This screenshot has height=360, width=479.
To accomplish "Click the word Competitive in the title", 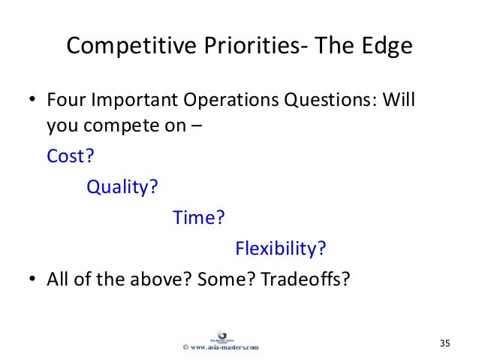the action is [x=131, y=47].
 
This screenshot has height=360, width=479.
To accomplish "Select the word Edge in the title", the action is [x=387, y=47].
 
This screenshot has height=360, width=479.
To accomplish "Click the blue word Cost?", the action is [x=71, y=156].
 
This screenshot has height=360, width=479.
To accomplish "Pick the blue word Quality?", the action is [x=122, y=187].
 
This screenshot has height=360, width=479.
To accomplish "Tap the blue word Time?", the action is [x=198, y=217].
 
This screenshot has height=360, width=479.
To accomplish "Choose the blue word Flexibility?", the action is [x=281, y=248].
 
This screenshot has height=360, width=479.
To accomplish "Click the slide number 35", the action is [x=444, y=343].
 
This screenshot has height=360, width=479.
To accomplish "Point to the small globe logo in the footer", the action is [x=221, y=337].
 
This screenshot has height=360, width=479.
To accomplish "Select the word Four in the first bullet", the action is [x=65, y=100].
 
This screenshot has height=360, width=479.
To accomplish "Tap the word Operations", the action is [x=231, y=100].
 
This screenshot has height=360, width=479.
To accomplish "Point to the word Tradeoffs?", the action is [x=306, y=279].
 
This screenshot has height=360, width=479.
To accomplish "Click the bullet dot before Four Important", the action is [x=32, y=99].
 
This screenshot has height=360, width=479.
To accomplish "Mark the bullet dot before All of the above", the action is [x=32, y=279].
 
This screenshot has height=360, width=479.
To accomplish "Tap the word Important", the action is [x=134, y=100].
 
